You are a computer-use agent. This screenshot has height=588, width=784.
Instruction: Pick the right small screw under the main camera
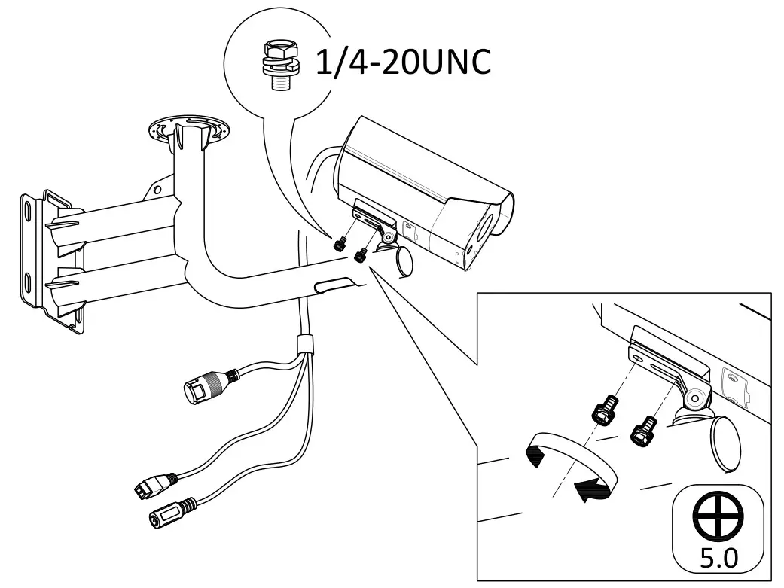[360, 255]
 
